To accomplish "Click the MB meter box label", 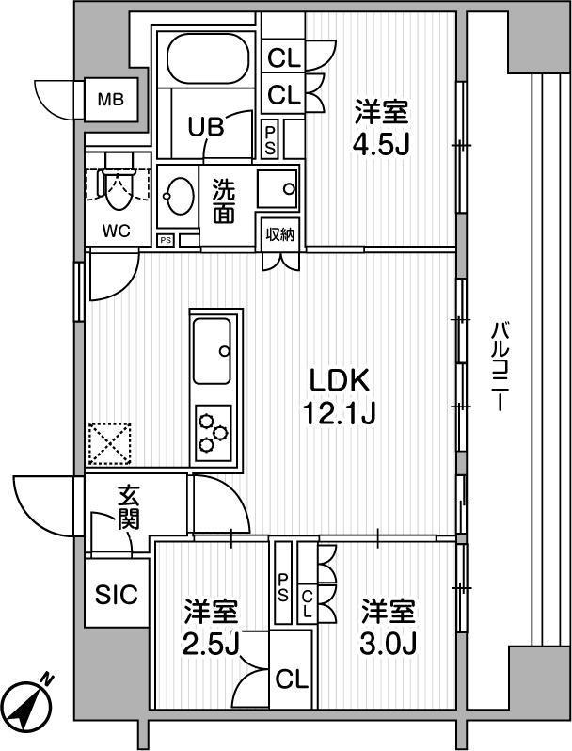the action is (111, 100).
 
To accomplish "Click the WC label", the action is (117, 231).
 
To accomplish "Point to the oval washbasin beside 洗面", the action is (179, 196).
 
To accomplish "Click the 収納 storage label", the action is (280, 234).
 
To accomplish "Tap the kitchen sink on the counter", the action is (212, 351).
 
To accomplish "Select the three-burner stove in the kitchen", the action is (214, 433).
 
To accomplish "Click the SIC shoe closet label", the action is (117, 595).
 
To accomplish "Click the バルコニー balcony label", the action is (500, 366).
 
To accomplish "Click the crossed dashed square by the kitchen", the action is (110, 443).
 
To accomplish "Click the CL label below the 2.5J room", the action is (291, 679).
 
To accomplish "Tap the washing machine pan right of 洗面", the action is (278, 188).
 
